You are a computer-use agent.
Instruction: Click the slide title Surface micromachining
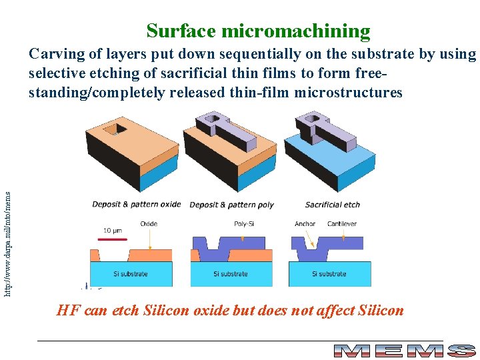click(258, 31)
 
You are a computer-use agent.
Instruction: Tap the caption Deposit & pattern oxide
click(136, 204)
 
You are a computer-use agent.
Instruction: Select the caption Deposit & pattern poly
click(231, 204)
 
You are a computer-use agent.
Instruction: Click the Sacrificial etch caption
click(332, 204)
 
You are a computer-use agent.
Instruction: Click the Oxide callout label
click(149, 224)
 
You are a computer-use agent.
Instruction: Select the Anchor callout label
click(305, 224)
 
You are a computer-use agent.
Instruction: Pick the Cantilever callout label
click(342, 224)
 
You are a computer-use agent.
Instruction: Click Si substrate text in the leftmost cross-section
click(131, 274)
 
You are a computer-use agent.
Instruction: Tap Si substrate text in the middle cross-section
click(231, 274)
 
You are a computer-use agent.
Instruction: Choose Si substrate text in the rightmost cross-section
click(329, 274)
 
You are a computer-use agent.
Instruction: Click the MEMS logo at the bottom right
click(404, 351)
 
